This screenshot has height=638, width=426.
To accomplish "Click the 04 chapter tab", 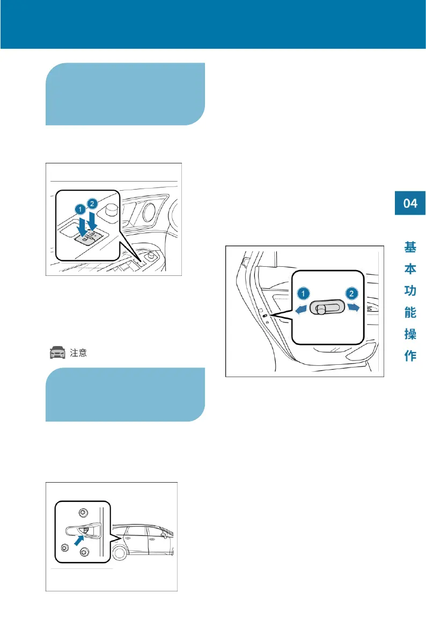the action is [x=410, y=203].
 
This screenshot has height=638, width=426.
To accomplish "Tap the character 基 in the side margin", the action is [x=410, y=247].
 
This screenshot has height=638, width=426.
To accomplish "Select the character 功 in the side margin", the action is [x=410, y=291].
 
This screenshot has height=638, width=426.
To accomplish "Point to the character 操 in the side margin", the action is [x=410, y=335].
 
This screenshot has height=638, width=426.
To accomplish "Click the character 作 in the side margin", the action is [x=410, y=356].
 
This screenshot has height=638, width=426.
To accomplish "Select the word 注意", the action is [x=78, y=353].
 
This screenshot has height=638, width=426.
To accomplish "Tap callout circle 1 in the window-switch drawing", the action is [x=79, y=207].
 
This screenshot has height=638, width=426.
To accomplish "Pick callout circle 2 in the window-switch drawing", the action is [x=92, y=203].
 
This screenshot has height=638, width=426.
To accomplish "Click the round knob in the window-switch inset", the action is [x=111, y=209].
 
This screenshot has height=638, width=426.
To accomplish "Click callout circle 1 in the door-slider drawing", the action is [x=303, y=293].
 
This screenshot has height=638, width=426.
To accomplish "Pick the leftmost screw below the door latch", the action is [x=65, y=547].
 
